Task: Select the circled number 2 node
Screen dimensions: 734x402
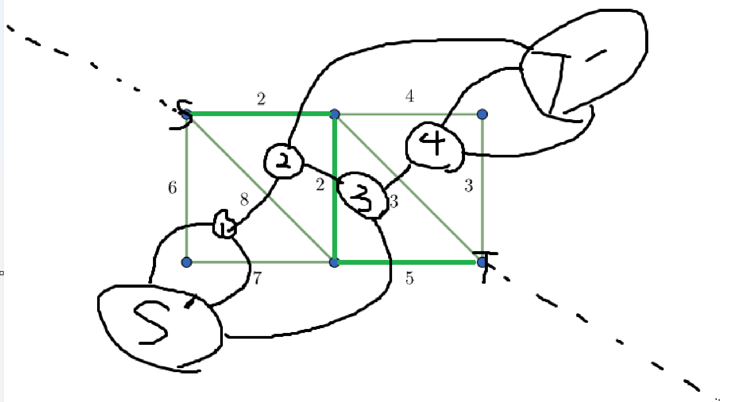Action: coord(283,161)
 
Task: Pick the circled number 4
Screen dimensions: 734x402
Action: coord(434,145)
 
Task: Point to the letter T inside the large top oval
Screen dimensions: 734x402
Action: coord(552,79)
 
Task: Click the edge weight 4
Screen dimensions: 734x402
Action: coord(410,96)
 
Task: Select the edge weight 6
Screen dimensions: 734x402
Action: coord(172,188)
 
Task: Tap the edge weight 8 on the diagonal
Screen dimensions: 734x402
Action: coord(244,200)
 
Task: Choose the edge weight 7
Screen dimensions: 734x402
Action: coord(257,278)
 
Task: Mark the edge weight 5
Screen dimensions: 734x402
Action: coord(409,278)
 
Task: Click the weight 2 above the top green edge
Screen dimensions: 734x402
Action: coord(261,99)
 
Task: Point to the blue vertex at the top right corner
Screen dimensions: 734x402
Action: coord(482,114)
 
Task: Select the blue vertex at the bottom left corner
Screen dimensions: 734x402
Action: coord(186,263)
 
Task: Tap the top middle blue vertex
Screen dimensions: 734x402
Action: coord(334,114)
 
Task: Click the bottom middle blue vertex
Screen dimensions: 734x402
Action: coord(334,263)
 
